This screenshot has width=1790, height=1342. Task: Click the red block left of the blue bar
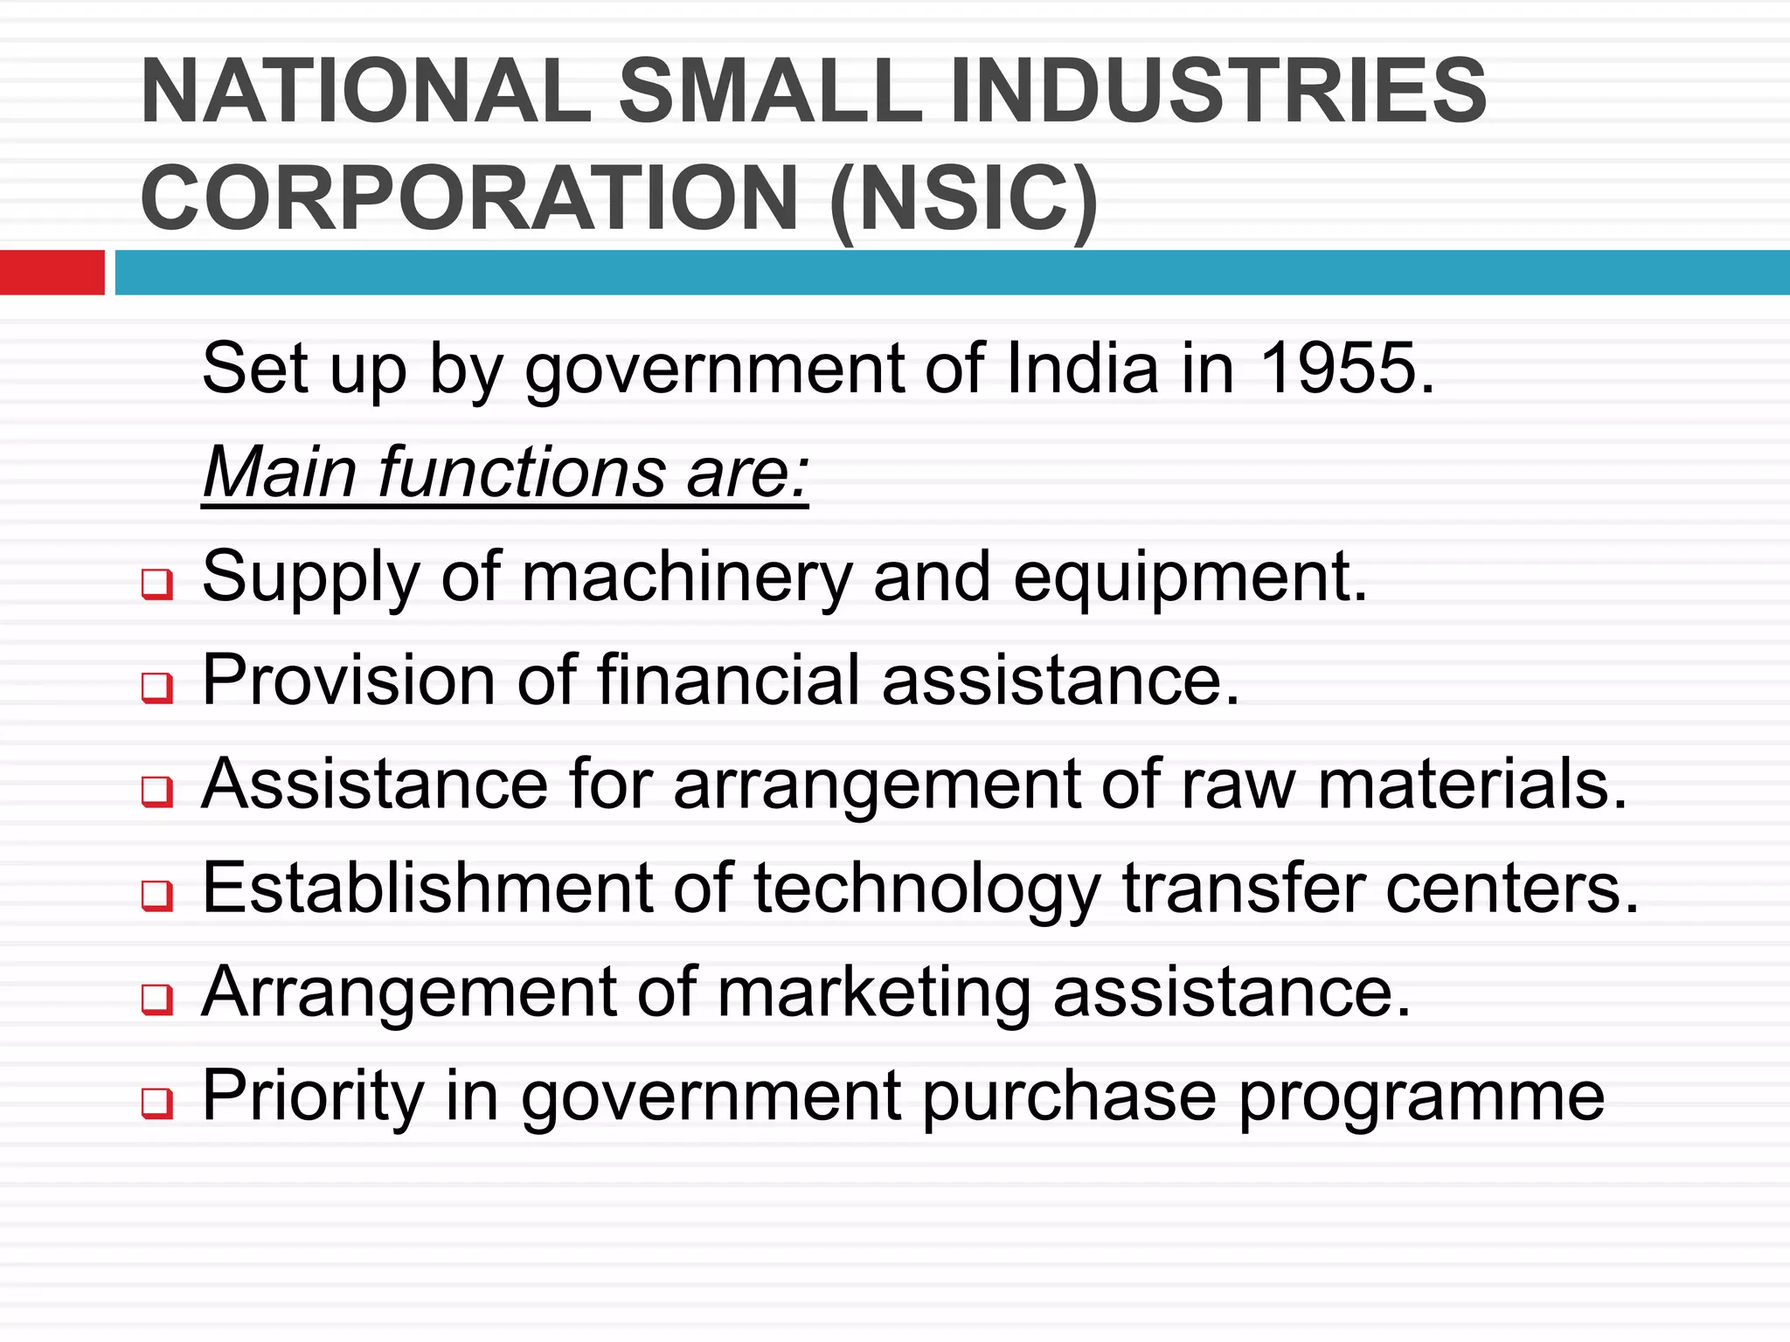pos(52,273)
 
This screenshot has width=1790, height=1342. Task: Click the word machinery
pos(686,578)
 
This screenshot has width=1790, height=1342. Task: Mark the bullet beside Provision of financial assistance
pos(157,688)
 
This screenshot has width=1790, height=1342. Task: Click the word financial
pos(729,681)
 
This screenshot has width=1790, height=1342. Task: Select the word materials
pos(1472,785)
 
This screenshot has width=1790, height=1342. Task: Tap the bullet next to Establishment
pos(157,896)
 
